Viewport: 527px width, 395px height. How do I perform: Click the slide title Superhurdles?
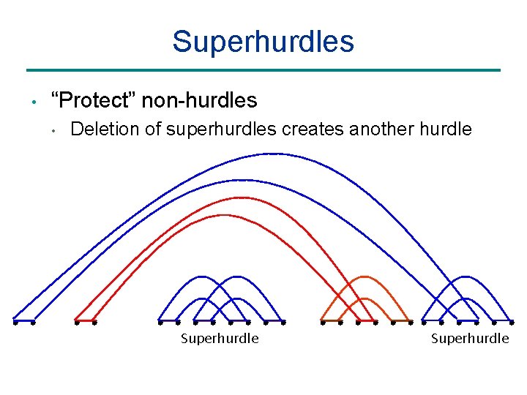click(263, 42)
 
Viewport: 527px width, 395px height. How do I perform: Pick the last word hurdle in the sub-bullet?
click(446, 129)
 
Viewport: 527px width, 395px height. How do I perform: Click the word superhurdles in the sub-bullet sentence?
click(222, 129)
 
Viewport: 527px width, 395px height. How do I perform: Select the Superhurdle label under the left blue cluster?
click(220, 339)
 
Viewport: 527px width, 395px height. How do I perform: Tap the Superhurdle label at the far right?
click(469, 339)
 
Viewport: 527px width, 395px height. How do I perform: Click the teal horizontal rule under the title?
click(263, 70)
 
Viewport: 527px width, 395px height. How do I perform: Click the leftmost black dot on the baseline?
click(15, 321)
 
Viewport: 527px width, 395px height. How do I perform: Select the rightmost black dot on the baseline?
click(512, 321)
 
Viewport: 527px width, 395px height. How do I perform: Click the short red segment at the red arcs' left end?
click(85, 321)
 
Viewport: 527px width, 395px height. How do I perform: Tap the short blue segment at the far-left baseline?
click(23, 321)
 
